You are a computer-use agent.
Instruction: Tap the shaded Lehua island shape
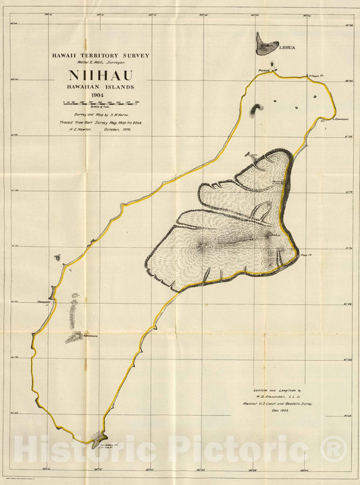pyautogui.click(x=267, y=45)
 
